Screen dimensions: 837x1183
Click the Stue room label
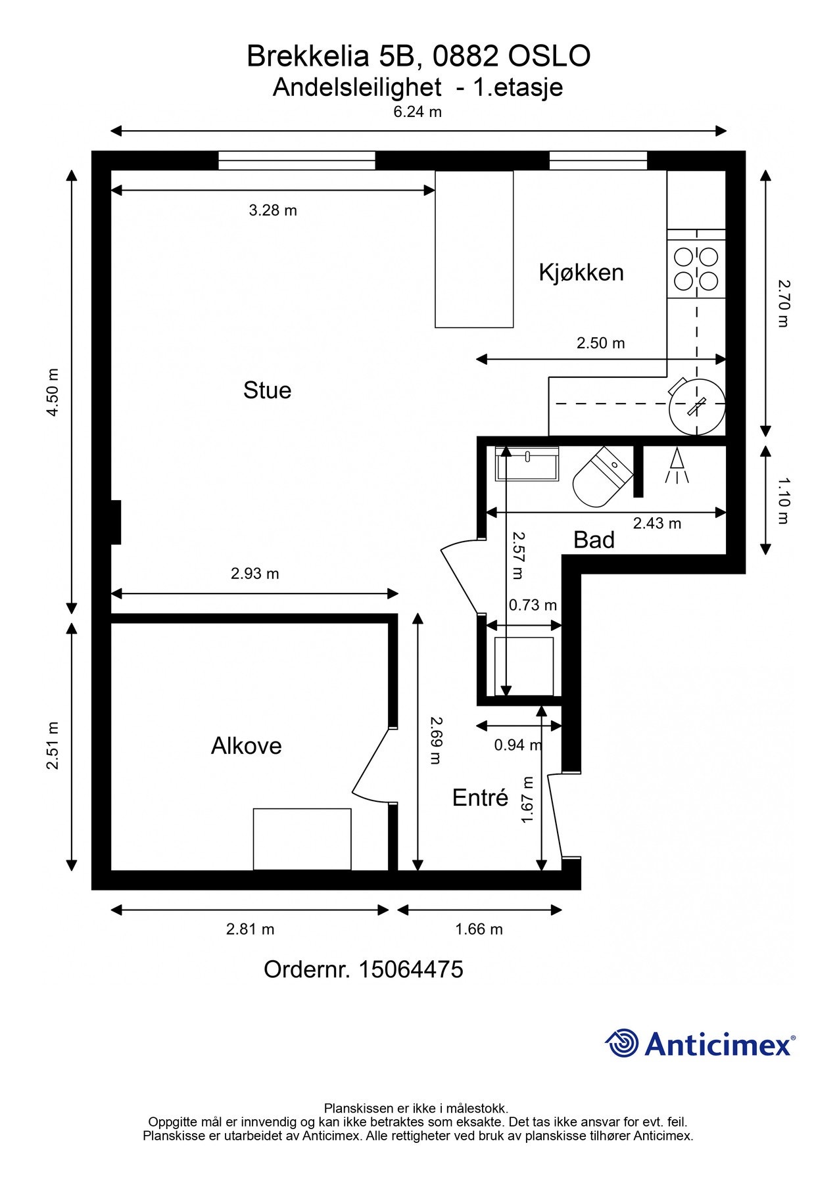click(x=267, y=390)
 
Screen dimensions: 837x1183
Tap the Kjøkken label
click(x=581, y=272)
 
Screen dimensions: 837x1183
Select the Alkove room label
click(x=247, y=746)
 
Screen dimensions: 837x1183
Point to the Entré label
click(x=480, y=797)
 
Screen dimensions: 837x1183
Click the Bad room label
click(x=594, y=540)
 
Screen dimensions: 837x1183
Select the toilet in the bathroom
click(x=601, y=478)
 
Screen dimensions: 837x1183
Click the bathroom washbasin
click(x=527, y=464)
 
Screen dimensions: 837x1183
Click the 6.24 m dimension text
click(x=418, y=112)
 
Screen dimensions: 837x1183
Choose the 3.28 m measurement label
click(x=273, y=210)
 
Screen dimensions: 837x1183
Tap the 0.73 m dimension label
click(x=533, y=605)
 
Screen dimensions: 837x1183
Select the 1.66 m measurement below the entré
click(x=479, y=929)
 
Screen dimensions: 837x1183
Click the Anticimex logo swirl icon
click(x=622, y=1044)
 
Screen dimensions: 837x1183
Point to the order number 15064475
click(x=364, y=969)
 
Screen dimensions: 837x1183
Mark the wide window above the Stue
click(x=297, y=160)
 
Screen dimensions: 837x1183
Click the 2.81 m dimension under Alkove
click(x=250, y=929)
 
